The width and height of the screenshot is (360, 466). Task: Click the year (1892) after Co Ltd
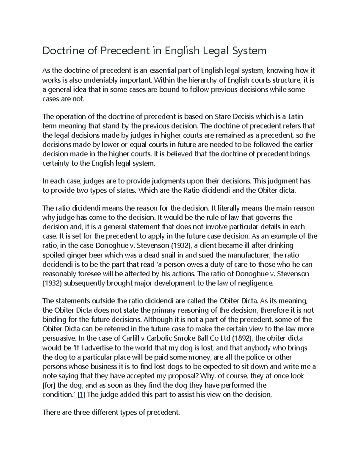[x=243, y=338]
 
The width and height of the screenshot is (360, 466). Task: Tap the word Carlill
[x=131, y=338]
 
